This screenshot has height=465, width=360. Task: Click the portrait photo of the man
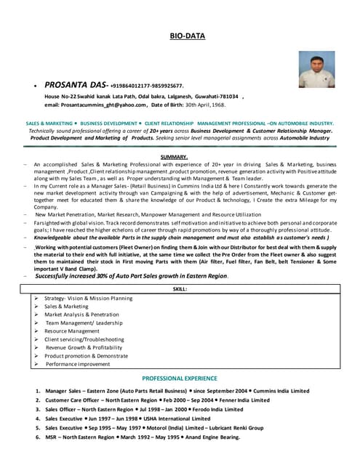coord(316,69)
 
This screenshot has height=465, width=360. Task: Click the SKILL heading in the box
coord(180,289)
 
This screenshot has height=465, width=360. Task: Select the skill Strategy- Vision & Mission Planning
coord(88,298)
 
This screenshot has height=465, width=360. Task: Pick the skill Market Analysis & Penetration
coord(81,315)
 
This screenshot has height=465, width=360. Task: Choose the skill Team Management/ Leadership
coord(84,323)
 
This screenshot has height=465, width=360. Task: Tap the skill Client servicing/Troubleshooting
coord(84,339)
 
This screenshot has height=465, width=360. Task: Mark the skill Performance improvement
coord(78,364)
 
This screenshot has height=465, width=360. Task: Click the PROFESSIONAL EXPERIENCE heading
coord(180,379)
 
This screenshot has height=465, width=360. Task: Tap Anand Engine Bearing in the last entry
coord(210,437)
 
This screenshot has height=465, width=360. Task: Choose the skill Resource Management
coord(72,331)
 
